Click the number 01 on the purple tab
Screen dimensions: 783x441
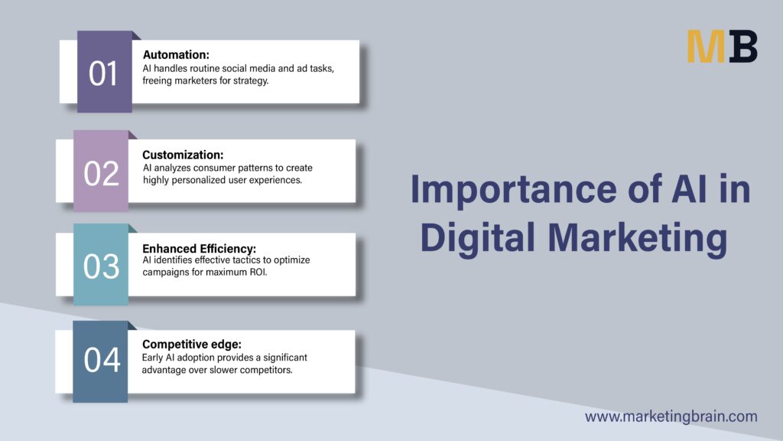[x=103, y=73]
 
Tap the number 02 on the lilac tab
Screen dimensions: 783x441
[x=102, y=174]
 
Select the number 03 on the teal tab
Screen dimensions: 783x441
[x=102, y=266]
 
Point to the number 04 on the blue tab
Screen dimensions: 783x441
[x=102, y=360]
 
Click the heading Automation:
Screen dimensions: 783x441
[x=176, y=54]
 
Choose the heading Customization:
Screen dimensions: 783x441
[x=183, y=155]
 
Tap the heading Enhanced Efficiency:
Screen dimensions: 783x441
[x=200, y=249]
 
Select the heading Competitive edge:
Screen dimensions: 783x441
[x=192, y=344]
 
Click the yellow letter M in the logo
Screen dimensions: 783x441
[x=706, y=46]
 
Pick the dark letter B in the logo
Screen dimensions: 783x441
[x=742, y=46]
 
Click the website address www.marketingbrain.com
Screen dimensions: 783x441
[x=671, y=416]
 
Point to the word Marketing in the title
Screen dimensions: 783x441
[x=638, y=238]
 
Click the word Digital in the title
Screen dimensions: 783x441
[x=478, y=238]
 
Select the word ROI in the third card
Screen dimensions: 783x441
[x=258, y=272]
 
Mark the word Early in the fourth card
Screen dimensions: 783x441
[x=152, y=358]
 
